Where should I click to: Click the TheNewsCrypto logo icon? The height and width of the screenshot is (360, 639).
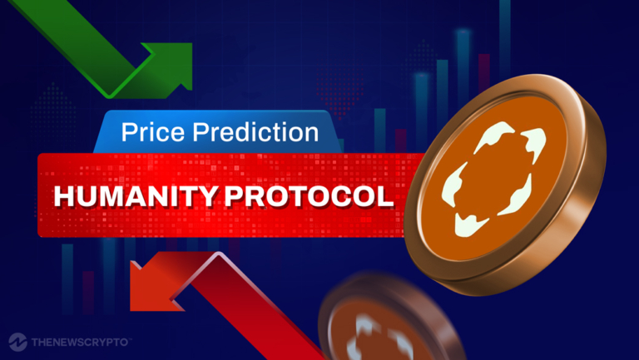click(17, 341)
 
